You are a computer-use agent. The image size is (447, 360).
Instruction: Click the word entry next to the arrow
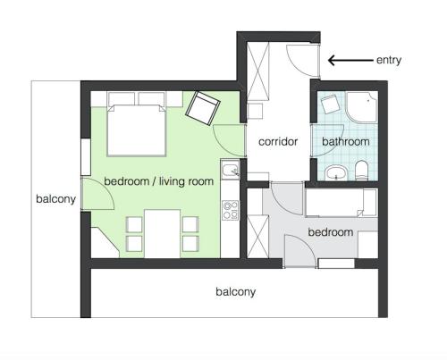[389, 61]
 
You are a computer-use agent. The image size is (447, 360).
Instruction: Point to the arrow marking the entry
[350, 61]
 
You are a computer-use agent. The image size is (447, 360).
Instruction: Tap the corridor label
[278, 141]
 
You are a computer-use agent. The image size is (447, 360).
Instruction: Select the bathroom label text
[346, 141]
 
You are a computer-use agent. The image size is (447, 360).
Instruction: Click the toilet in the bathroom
[362, 171]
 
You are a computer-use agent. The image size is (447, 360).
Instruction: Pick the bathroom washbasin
[336, 173]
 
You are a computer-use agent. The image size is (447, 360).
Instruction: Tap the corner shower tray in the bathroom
[361, 107]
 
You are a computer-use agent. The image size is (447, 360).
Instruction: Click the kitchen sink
[230, 169]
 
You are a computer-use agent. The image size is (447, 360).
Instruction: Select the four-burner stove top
[231, 210]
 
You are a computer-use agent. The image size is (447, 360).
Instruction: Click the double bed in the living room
[136, 130]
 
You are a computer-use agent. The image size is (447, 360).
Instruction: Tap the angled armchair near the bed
[203, 108]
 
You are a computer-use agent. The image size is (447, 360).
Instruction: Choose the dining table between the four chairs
[163, 233]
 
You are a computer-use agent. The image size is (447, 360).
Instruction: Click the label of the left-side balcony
[55, 199]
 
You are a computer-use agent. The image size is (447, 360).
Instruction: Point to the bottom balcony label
[235, 292]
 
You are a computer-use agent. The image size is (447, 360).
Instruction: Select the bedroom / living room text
[159, 181]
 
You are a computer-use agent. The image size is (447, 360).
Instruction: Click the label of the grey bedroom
[331, 232]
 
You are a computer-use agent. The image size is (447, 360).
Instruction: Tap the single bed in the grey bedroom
[342, 203]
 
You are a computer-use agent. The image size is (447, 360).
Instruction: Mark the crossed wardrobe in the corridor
[258, 71]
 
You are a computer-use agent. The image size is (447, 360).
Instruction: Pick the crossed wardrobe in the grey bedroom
[258, 237]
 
